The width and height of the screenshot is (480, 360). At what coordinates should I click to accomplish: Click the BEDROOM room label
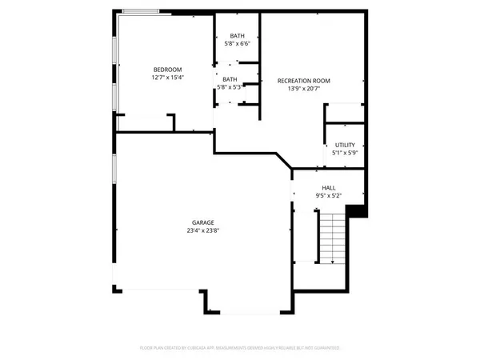168,69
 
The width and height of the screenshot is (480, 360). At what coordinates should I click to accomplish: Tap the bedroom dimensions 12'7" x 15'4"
168,78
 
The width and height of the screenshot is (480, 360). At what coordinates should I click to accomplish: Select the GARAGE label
202,222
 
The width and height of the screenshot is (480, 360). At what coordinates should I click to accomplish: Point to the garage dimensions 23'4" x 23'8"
202,231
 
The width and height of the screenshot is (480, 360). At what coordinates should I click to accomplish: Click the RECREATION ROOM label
303,81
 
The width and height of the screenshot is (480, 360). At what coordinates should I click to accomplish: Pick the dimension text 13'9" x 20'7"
303,90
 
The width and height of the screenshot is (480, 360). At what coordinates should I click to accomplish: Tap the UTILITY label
345,144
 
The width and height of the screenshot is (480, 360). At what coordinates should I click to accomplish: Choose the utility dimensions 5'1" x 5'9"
345,153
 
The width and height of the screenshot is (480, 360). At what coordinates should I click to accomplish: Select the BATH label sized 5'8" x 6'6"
238,36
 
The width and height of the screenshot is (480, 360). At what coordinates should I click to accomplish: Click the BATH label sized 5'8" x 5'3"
230,78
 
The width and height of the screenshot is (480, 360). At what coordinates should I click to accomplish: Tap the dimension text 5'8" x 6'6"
238,45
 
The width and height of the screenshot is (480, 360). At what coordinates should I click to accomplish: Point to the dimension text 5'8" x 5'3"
230,87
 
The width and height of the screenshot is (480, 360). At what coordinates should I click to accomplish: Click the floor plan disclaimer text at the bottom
240,348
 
